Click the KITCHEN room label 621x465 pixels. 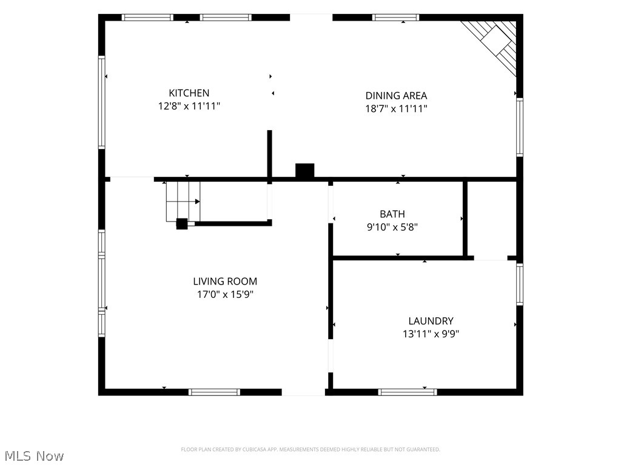(189, 93)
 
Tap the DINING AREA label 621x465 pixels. (396, 96)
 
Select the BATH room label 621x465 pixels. (392, 214)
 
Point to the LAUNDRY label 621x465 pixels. (431, 321)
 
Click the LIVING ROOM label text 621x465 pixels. (225, 281)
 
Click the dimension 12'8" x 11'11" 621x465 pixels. (189, 106)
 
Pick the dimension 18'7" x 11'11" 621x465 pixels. (396, 108)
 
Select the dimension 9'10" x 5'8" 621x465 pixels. (392, 227)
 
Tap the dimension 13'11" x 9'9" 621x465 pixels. (431, 334)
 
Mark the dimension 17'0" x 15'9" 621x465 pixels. (225, 294)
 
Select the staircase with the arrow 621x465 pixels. (183, 201)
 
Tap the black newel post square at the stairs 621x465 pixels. (182, 224)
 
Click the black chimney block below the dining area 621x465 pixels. (305, 170)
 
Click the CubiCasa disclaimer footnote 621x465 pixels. (310, 449)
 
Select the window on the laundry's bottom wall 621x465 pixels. (408, 392)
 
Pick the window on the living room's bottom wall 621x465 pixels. (214, 392)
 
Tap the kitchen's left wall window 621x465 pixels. (102, 102)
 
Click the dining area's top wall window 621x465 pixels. (395, 18)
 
